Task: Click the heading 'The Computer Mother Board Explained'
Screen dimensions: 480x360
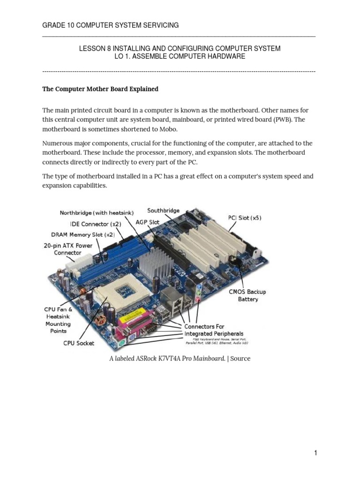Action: click(x=100, y=89)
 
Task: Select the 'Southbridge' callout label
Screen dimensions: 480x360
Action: click(x=164, y=210)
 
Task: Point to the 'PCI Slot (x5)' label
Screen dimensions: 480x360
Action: click(x=245, y=217)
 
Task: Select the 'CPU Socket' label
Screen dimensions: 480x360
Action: click(x=79, y=343)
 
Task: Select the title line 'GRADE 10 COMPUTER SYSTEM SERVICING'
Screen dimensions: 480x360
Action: click(x=111, y=25)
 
